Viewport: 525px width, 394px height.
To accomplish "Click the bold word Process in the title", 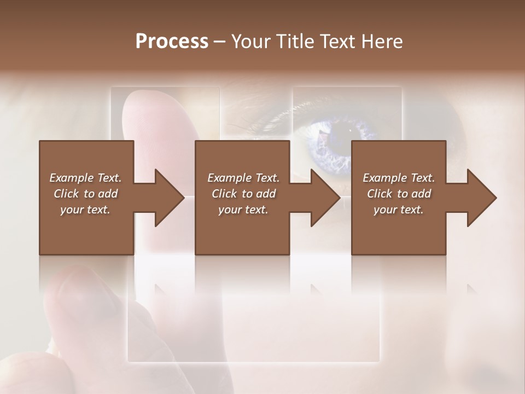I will (x=172, y=41).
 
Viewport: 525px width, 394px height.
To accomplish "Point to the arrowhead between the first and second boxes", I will (x=167, y=198).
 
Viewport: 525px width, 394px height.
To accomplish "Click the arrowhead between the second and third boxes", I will (x=323, y=198).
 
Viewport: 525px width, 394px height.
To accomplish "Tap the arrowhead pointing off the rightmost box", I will (x=479, y=198).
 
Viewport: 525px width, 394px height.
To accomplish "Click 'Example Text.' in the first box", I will (x=85, y=178).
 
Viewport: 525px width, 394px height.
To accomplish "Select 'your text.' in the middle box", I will (x=243, y=210).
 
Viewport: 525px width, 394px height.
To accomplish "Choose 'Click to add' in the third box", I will (x=399, y=194).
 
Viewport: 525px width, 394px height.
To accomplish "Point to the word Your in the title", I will (x=251, y=41).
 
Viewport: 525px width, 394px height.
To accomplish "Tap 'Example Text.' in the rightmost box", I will (x=399, y=178).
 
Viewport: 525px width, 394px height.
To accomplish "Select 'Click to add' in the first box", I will (x=85, y=194).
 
